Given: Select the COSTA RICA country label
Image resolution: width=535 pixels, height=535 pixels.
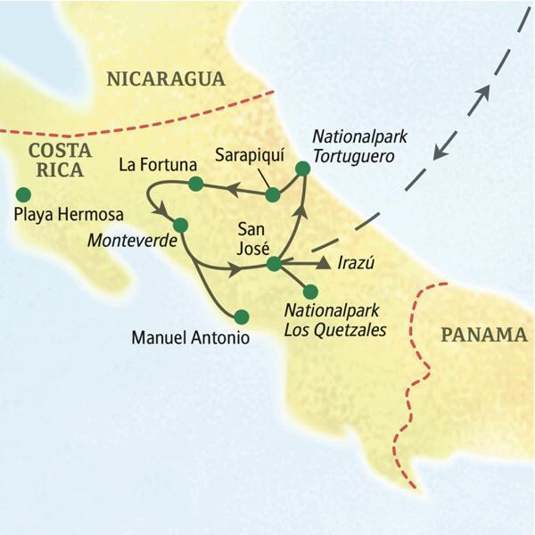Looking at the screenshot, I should [55, 159].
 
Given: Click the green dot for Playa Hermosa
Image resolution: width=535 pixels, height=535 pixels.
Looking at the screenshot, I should [23, 194].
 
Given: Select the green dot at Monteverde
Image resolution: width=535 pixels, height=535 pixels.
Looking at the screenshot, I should [180, 225].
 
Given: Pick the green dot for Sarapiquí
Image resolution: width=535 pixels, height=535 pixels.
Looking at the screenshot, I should [274, 193].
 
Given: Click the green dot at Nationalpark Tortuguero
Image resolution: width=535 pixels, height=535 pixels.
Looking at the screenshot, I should [302, 168].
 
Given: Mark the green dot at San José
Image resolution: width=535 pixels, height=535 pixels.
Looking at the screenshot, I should [274, 263].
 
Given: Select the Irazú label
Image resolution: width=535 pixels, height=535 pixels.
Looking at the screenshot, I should [358, 264].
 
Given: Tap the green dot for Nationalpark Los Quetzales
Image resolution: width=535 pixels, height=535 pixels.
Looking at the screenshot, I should [310, 291].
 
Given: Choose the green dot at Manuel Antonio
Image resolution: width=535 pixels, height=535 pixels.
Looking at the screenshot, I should [240, 316].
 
